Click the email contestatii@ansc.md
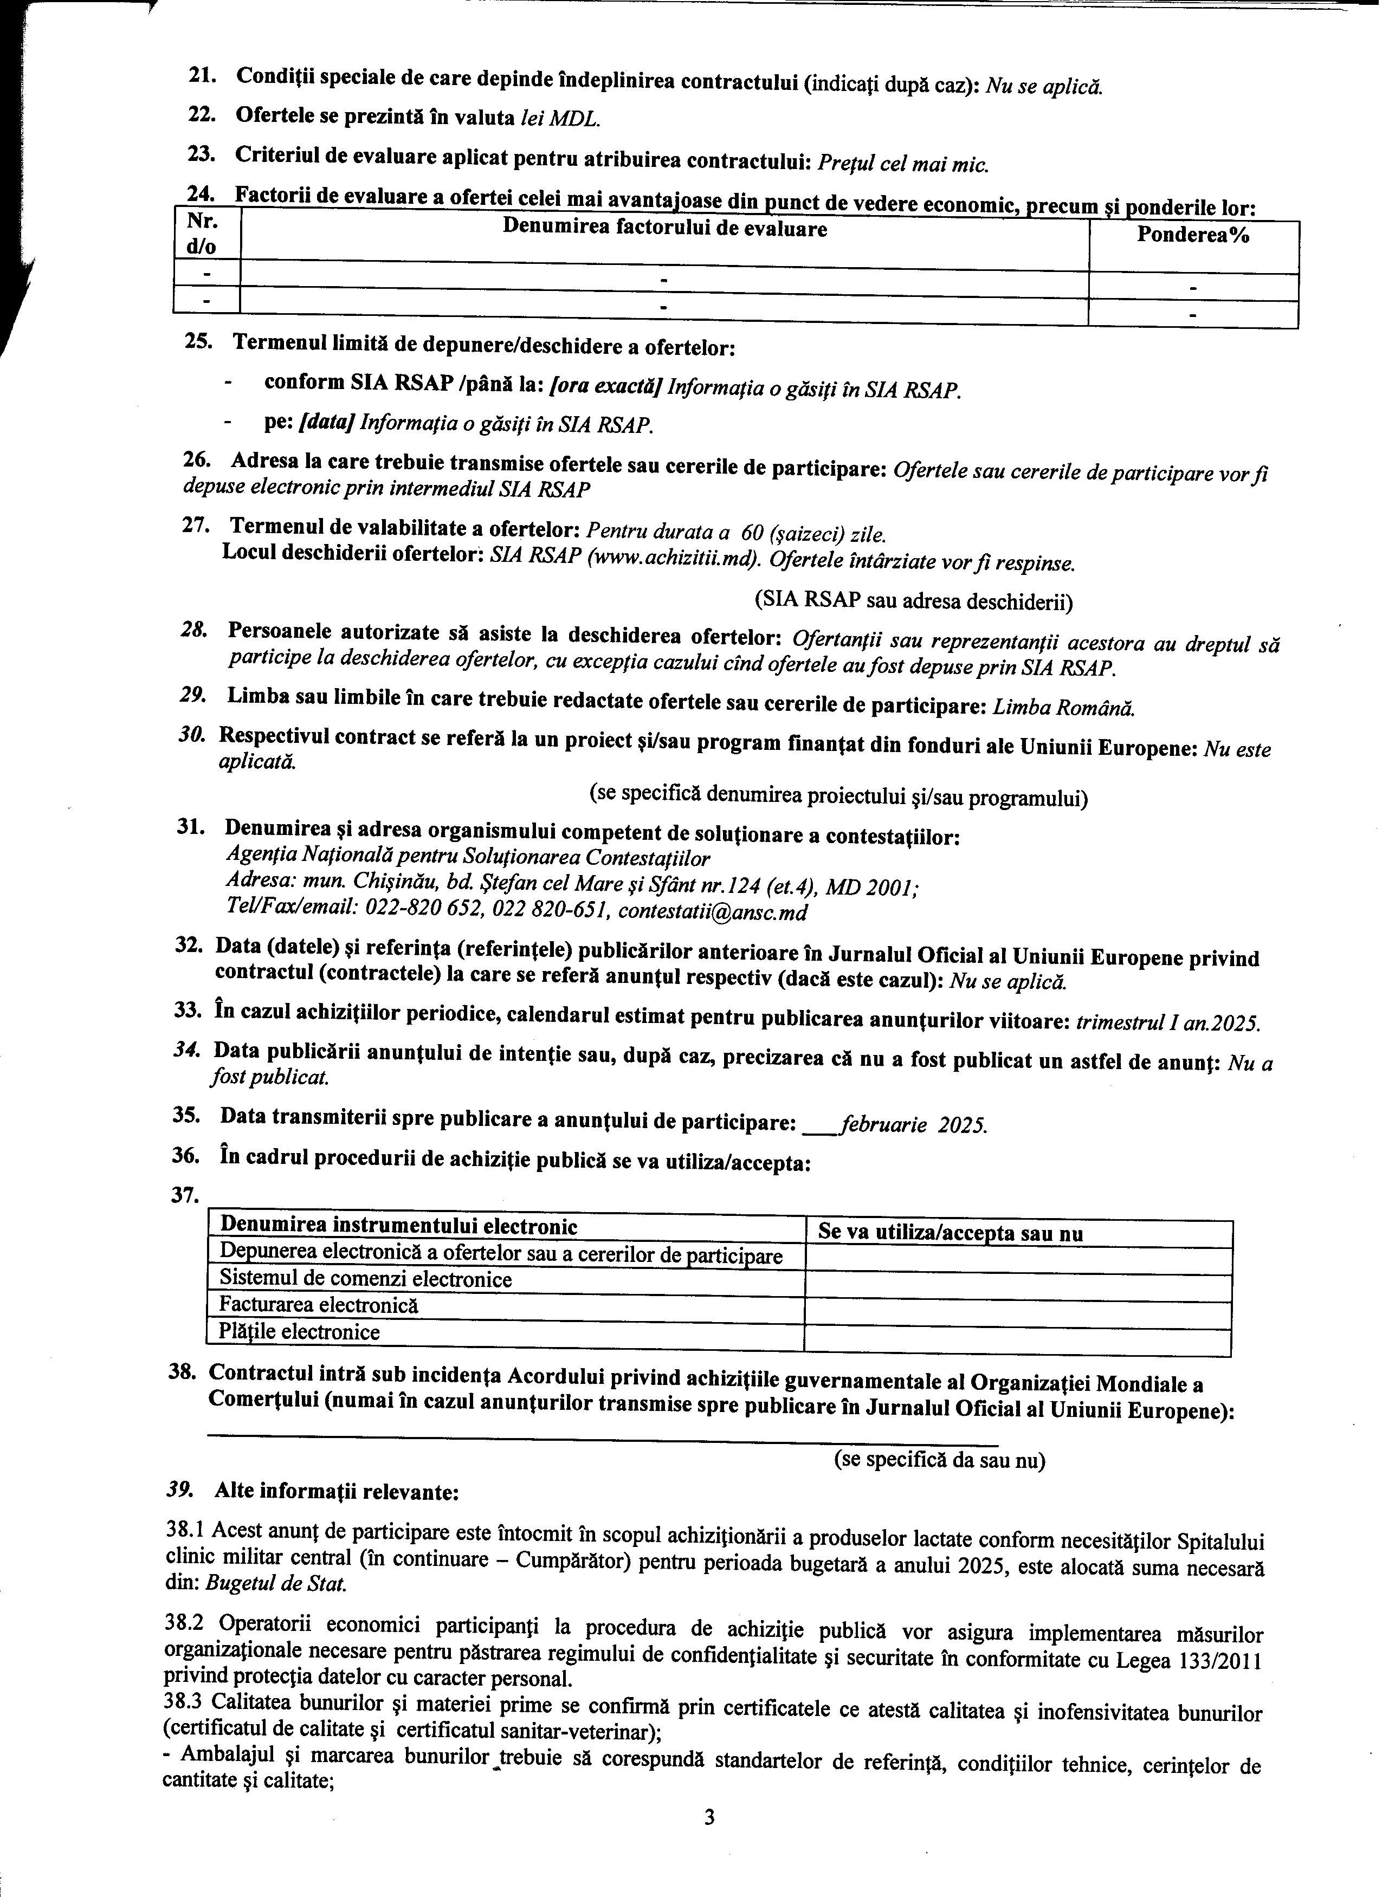[713, 912]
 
